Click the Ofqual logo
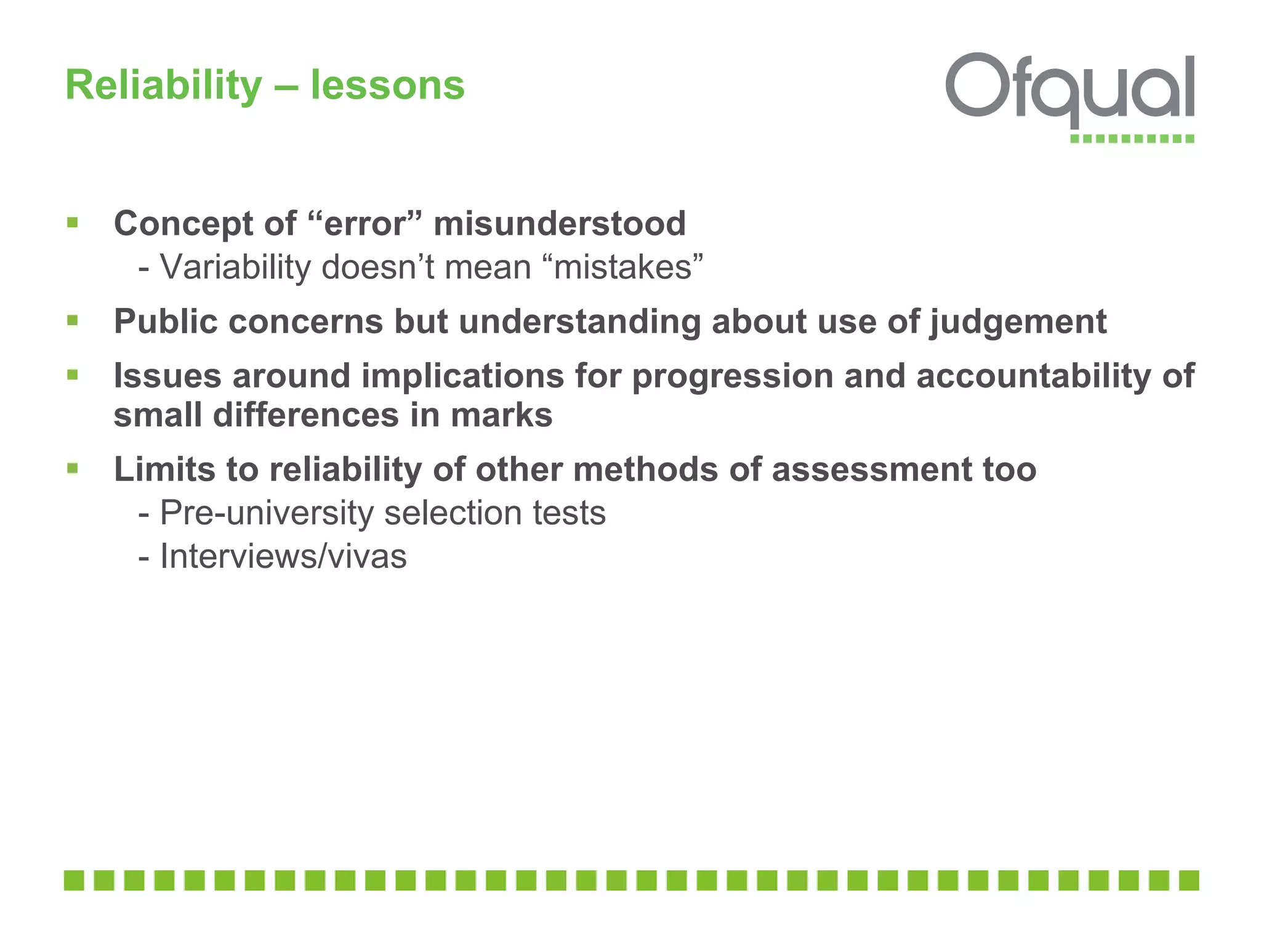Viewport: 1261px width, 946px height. coord(1070,92)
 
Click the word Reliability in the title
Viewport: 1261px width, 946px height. coord(164,85)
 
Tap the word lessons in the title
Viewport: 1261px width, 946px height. coord(387,85)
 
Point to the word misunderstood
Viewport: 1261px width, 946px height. coord(560,223)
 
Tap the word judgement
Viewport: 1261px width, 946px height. coord(1018,321)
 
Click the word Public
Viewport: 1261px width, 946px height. coord(166,321)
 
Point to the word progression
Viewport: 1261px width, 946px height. coord(733,376)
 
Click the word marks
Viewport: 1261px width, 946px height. coord(501,415)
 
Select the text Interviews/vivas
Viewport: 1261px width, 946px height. coord(283,556)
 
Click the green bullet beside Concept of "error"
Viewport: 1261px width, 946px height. coord(73,222)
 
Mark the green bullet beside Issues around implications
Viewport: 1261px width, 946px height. coord(73,374)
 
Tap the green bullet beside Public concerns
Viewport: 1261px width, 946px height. coord(73,320)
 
